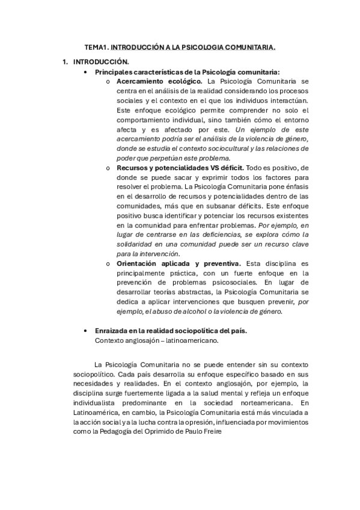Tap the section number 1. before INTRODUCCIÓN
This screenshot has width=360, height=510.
pyautogui.click(x=66, y=61)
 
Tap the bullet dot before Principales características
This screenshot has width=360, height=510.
pyautogui.click(x=88, y=72)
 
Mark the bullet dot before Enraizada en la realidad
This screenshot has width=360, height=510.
pyautogui.click(x=88, y=331)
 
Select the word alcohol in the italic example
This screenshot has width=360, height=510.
pyautogui.click(x=185, y=312)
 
